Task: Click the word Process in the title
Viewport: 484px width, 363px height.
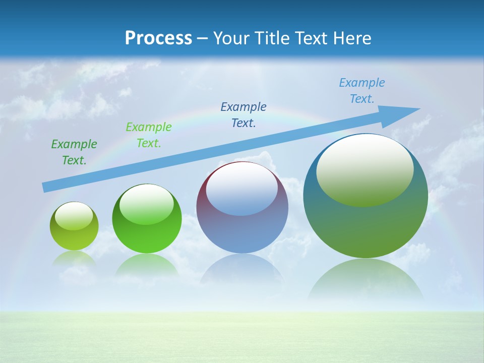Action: [158, 38]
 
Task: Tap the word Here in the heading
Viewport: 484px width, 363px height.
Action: [352, 38]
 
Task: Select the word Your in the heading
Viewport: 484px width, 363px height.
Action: [231, 38]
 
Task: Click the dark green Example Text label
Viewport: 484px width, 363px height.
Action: [74, 152]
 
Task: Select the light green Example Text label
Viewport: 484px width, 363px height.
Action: [149, 135]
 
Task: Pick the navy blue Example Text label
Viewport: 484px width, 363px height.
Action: [244, 115]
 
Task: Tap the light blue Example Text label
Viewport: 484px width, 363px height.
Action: [362, 91]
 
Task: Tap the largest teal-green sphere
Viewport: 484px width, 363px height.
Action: [366, 222]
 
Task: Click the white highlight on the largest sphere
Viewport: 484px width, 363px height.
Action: [365, 169]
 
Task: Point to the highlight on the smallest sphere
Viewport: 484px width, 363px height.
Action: [74, 216]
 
